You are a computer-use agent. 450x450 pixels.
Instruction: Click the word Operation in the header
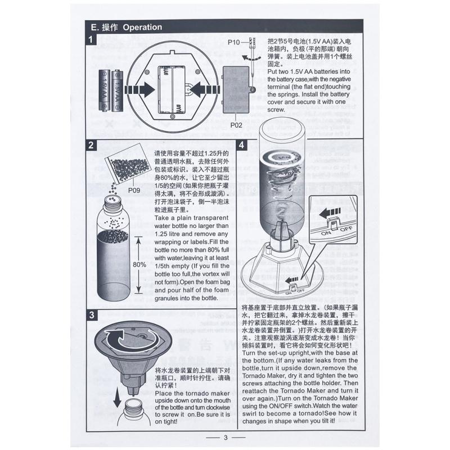click(x=142, y=27)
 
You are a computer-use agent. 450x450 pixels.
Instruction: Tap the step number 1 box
click(x=91, y=39)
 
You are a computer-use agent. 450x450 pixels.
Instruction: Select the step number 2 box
click(x=91, y=145)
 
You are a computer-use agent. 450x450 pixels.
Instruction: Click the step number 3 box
click(x=92, y=315)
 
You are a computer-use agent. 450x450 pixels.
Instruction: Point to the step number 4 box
click(x=242, y=145)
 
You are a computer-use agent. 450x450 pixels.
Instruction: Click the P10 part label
click(x=233, y=43)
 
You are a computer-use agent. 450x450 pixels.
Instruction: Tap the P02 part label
click(x=236, y=125)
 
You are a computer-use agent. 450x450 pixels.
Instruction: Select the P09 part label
click(x=134, y=190)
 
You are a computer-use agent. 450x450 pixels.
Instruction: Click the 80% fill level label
click(x=139, y=264)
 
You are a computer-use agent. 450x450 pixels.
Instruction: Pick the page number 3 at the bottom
click(x=226, y=438)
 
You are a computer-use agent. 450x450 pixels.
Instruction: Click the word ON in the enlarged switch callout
click(x=326, y=233)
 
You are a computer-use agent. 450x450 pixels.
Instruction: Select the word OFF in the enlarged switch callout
click(x=346, y=229)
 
